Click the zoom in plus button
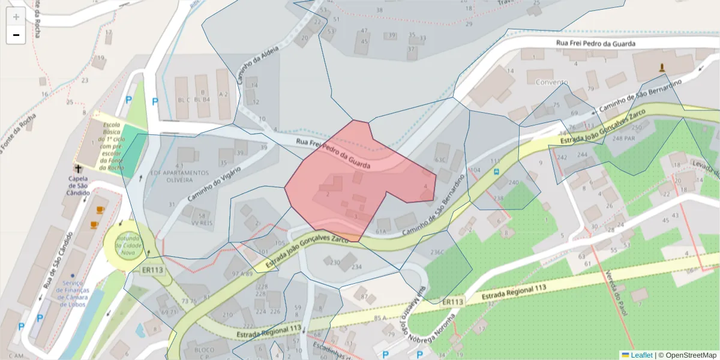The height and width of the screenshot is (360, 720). pos(16,17)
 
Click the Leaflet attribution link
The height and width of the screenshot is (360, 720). pos(641,355)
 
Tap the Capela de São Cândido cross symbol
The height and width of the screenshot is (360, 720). pos(78,170)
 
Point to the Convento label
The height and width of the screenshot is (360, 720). pos(552,82)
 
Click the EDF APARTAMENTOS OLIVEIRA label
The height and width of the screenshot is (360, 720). pos(174,175)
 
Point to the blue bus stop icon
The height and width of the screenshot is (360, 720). pos(496,171)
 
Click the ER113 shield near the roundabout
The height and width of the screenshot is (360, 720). pos(152,269)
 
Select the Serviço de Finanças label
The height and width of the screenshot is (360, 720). pos(73,293)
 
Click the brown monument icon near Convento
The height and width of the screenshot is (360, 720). pos(662,67)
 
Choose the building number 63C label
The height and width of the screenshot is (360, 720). pos(440,160)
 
